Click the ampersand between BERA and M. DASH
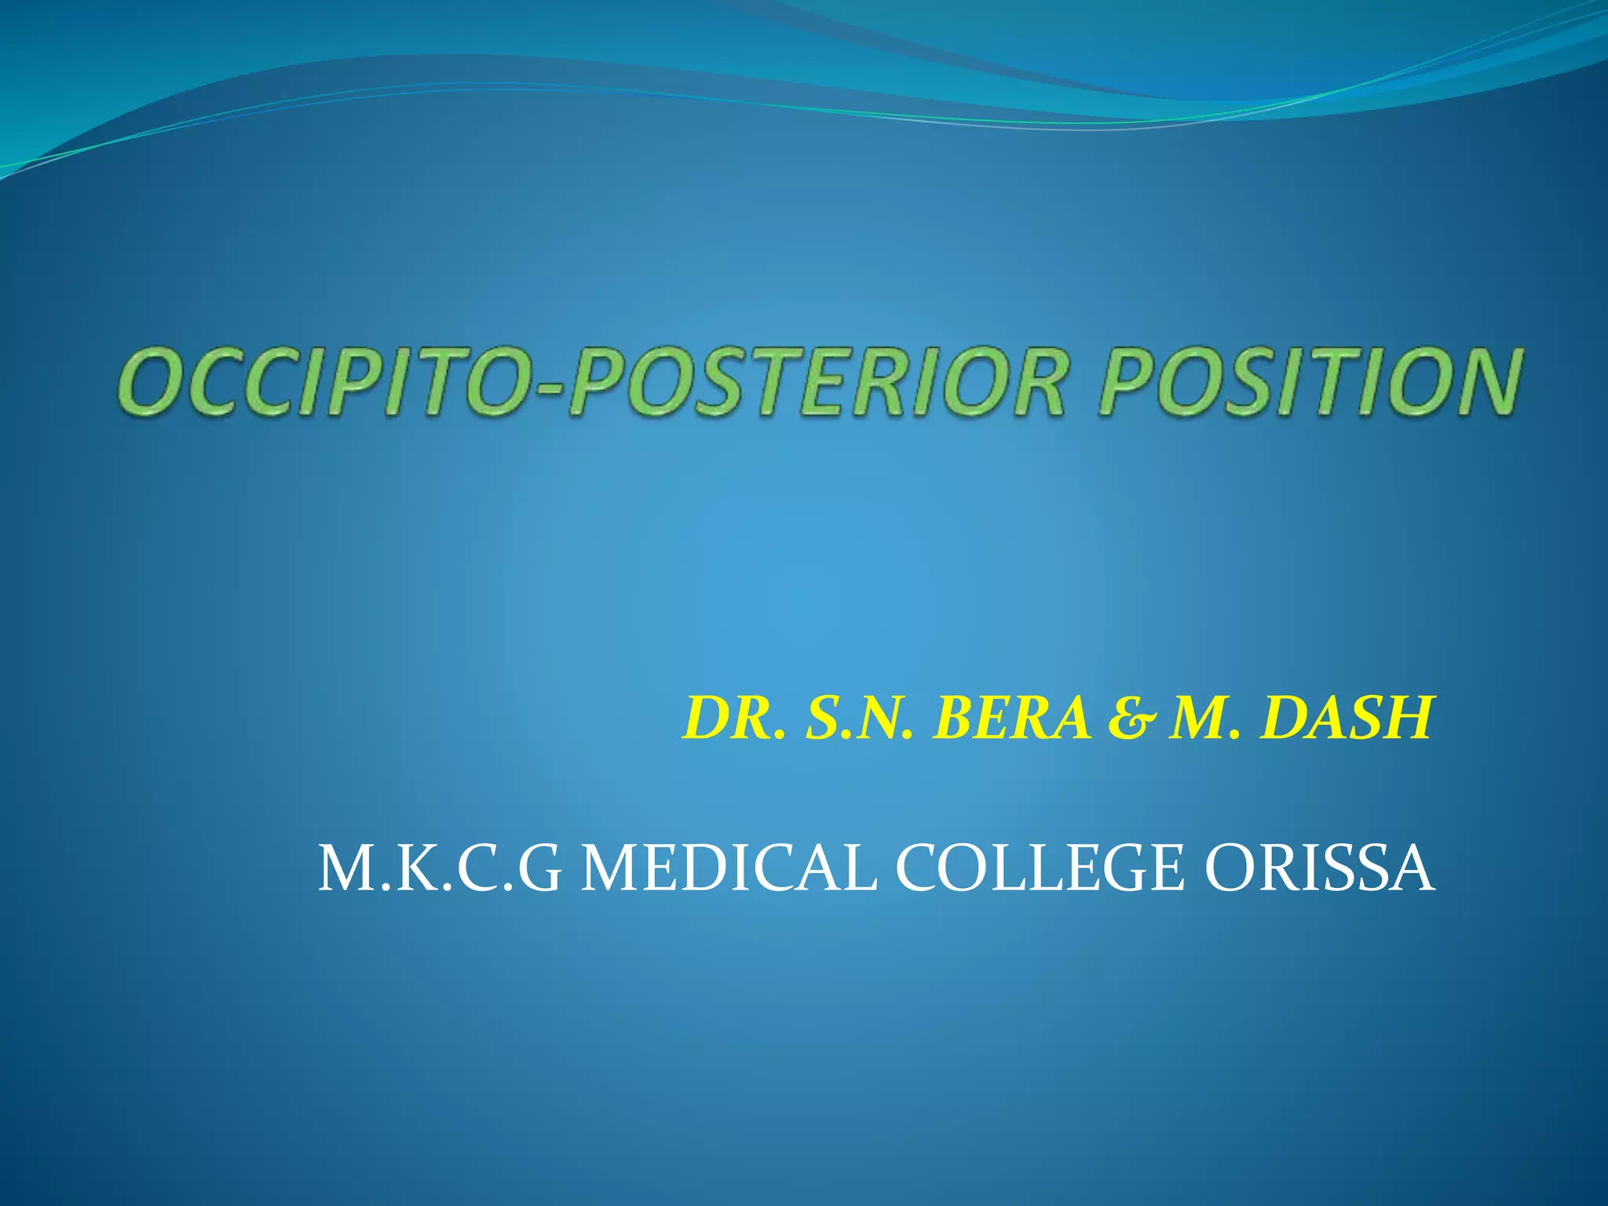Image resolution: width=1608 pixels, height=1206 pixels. click(x=1131, y=719)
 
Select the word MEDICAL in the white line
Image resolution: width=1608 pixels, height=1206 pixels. click(x=728, y=868)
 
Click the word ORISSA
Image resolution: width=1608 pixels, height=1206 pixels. click(x=1319, y=868)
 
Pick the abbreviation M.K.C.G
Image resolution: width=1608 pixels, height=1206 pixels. click(x=440, y=868)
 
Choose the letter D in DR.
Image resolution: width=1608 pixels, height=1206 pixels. click(x=707, y=718)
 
